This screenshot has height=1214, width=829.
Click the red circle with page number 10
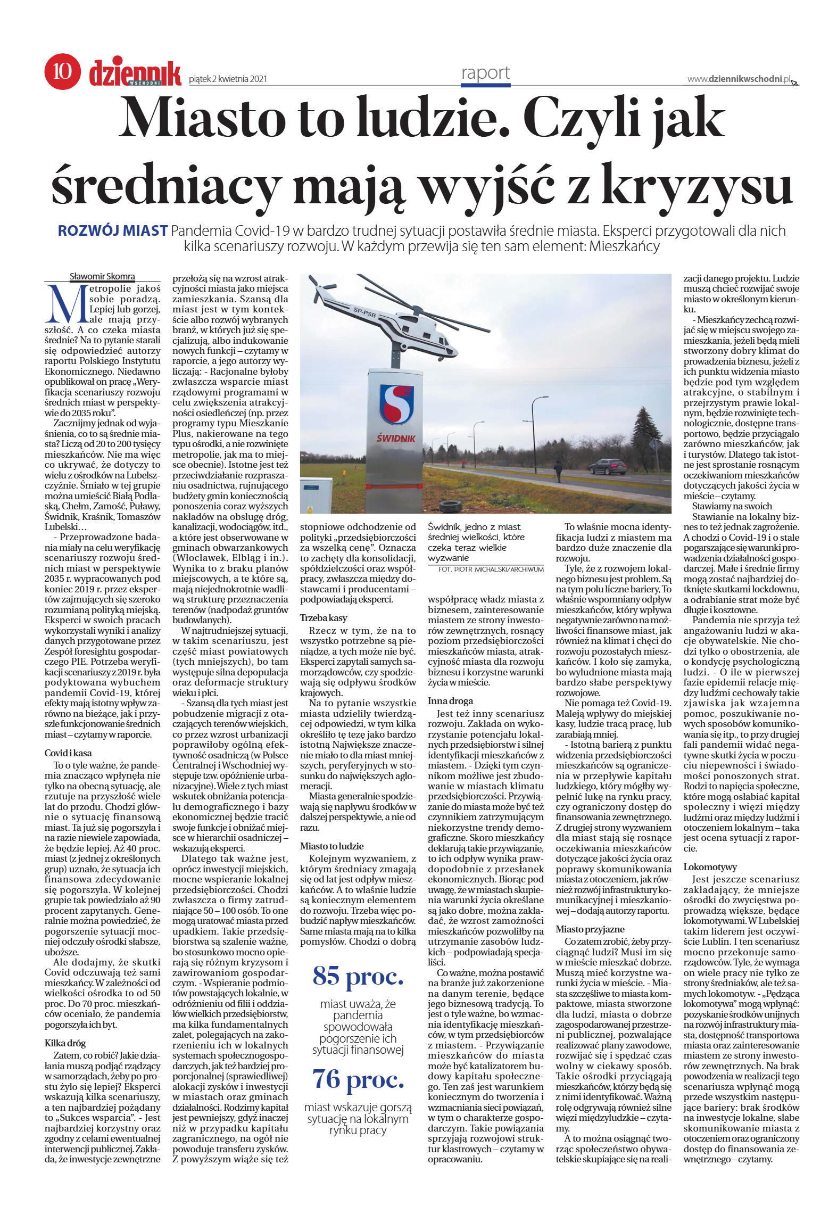[62, 71]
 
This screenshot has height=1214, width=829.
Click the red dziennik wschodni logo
[135, 72]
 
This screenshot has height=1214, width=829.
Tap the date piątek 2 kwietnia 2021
[228, 79]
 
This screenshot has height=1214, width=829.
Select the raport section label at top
[485, 73]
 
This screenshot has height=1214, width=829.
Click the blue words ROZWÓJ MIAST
[112, 231]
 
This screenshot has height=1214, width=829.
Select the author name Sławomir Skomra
[102, 276]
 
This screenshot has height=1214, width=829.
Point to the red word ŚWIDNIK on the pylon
[396, 438]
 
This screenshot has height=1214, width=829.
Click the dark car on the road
[607, 466]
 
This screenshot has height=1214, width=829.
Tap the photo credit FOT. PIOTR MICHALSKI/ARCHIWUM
[491, 569]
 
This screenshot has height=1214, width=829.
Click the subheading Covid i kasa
[68, 753]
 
